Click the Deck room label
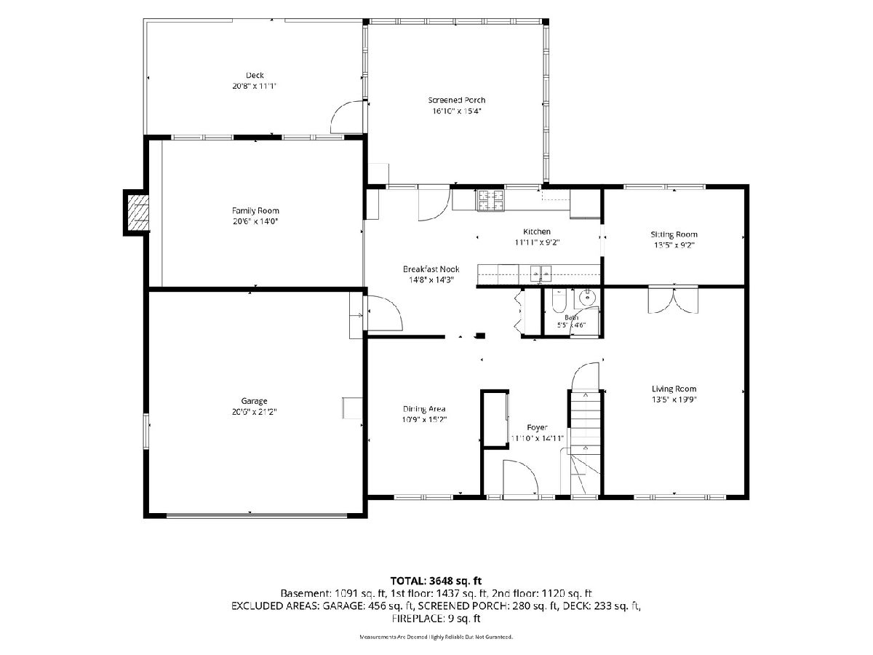tap(255, 75)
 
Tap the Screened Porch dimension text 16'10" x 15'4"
tap(457, 111)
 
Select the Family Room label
tap(255, 210)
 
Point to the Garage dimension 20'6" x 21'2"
tap(254, 412)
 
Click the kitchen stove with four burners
tap(490, 200)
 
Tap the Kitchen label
tap(536, 231)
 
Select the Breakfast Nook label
tap(431, 269)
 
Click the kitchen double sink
tap(541, 273)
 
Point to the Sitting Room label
tap(674, 234)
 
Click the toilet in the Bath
tap(559, 306)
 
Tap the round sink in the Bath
tap(586, 297)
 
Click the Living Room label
tap(674, 389)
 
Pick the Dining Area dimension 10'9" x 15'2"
tap(424, 419)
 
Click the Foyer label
tap(537, 427)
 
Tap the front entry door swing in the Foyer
tap(520, 477)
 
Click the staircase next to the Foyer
tap(585, 442)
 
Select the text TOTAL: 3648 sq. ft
tap(436, 581)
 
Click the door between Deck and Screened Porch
tap(347, 117)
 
